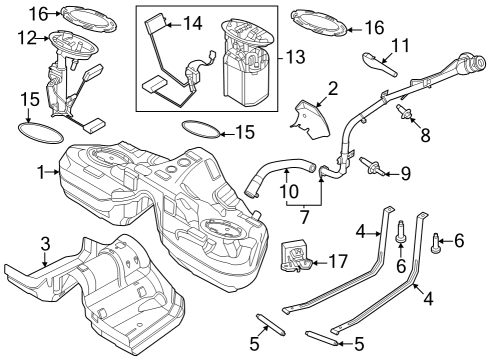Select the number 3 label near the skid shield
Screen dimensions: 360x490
click(x=44, y=244)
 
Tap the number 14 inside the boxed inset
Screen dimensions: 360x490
click(x=191, y=22)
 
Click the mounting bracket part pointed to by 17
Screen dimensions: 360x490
click(x=295, y=255)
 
